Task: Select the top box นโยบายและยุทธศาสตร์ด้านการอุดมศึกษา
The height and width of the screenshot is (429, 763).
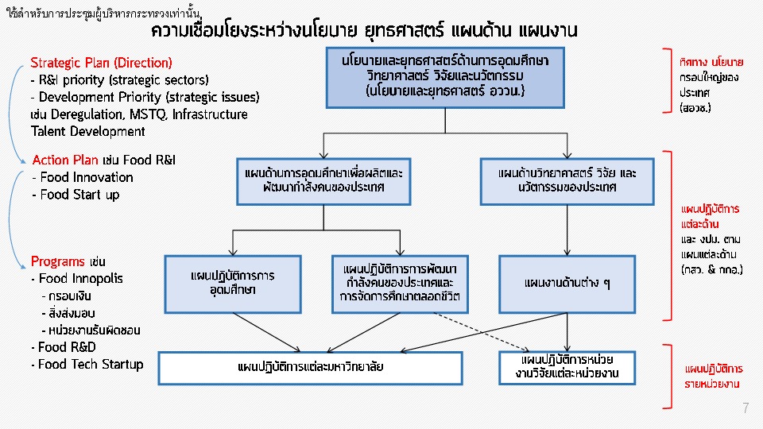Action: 445,78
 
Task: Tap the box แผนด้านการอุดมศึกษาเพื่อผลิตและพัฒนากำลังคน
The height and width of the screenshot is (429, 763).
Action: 323,181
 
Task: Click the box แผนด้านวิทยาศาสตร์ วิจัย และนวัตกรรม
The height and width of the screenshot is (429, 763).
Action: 567,181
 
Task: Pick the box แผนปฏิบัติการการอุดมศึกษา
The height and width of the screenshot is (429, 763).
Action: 233,284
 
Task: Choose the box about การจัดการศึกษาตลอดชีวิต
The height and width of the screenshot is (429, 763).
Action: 400,284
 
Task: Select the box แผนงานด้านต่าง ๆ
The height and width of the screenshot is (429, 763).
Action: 567,284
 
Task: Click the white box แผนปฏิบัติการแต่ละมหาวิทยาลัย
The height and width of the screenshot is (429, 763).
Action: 310,368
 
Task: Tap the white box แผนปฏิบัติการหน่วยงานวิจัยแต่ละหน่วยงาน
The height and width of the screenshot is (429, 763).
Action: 567,368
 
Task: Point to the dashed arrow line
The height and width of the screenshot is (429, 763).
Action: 481,331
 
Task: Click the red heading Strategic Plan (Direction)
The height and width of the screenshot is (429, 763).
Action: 101,63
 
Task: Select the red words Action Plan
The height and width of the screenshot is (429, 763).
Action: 65,160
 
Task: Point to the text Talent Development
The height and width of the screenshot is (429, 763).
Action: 87,131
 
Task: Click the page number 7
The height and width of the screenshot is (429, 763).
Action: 746,408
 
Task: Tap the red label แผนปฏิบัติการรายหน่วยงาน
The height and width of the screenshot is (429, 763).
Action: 714,376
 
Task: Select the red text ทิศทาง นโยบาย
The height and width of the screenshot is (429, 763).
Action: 711,62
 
